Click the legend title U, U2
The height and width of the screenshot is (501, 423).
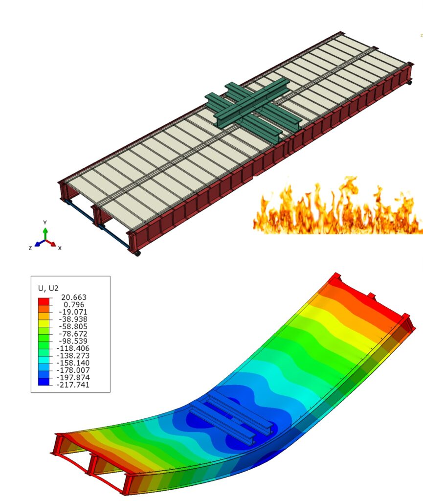point(48,288)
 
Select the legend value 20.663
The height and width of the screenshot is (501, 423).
point(74,297)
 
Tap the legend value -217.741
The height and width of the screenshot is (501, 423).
point(73,385)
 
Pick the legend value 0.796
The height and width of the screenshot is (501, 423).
point(74,304)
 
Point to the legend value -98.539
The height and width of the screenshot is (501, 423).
point(73,341)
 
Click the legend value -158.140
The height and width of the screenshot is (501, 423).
point(73,363)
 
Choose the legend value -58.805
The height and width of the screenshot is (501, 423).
point(73,326)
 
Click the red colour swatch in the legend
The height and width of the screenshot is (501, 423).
point(44,301)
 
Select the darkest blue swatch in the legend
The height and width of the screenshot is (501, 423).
point(44,382)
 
